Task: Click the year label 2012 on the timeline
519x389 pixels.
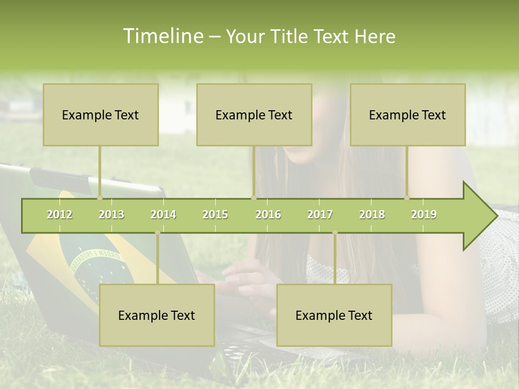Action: tap(59, 214)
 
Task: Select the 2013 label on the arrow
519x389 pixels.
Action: tap(111, 214)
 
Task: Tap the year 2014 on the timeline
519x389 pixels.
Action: tap(163, 214)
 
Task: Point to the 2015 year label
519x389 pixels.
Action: tap(215, 214)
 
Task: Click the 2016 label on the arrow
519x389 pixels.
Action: tap(268, 214)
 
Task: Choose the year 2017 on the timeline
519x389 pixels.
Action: tap(320, 214)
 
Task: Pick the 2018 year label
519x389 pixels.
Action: tap(372, 214)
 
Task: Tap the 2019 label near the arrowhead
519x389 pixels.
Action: tap(424, 214)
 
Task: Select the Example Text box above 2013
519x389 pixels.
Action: tap(101, 115)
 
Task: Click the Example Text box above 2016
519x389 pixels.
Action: tap(254, 115)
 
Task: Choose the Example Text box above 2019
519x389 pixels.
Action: tap(408, 115)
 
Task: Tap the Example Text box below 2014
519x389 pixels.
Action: tap(157, 315)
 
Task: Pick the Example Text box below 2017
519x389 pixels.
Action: tap(334, 315)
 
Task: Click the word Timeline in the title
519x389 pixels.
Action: tap(163, 36)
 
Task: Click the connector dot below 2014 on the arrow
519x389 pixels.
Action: tap(157, 232)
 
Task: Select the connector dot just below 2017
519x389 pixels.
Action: tap(335, 232)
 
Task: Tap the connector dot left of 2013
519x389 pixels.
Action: tap(99, 198)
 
